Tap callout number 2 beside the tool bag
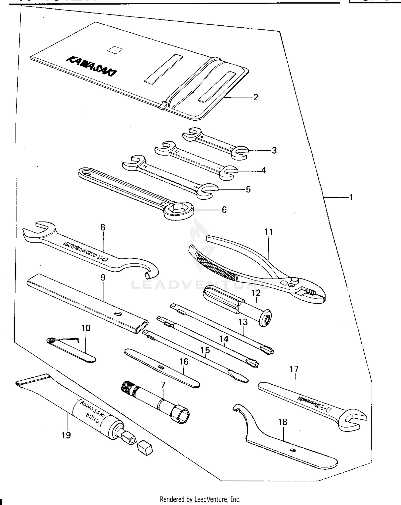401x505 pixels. [x=256, y=97]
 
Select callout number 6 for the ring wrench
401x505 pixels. [x=224, y=209]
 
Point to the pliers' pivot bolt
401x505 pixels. [x=295, y=280]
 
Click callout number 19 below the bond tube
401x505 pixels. [x=66, y=435]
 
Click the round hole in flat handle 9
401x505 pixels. [x=117, y=313]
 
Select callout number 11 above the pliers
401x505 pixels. [x=269, y=232]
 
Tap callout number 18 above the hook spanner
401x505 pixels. [x=283, y=422]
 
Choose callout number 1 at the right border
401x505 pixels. [x=351, y=197]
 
